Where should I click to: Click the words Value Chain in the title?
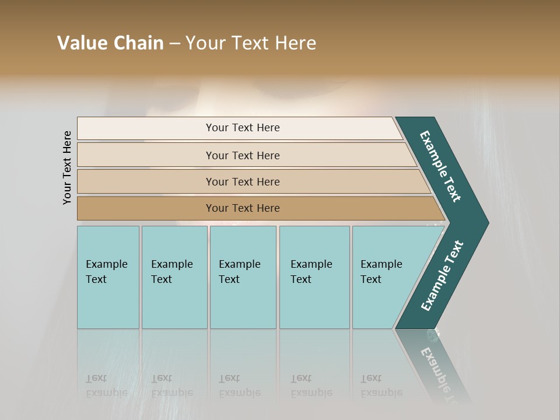pos(110,43)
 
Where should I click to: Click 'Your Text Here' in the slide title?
pos(251,43)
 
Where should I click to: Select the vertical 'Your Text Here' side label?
pos(67,167)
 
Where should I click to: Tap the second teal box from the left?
pos(174,303)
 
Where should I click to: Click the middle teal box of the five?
pos(243,303)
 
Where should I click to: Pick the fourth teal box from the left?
pos(314,303)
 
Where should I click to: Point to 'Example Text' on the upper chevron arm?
pos(440,166)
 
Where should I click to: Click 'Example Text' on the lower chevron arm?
pos(442,276)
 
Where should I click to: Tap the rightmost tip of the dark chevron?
pos(486,223)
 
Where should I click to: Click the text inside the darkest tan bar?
pos(243,208)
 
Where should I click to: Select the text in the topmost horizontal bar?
pos(243,128)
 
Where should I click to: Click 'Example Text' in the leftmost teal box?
pos(106,271)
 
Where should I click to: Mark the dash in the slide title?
pos(174,44)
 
